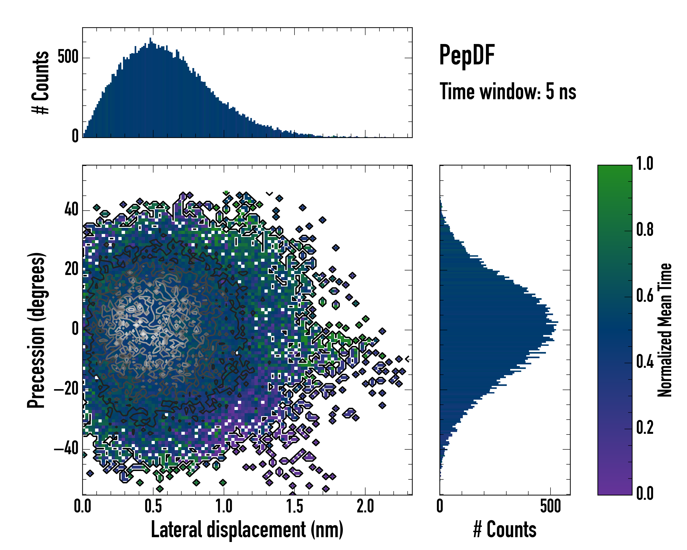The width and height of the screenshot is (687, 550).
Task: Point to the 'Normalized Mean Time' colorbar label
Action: pyautogui.click(x=665, y=330)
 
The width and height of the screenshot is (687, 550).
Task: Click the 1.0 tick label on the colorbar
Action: pyautogui.click(x=645, y=164)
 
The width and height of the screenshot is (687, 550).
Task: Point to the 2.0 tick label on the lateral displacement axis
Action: pyautogui.click(x=365, y=506)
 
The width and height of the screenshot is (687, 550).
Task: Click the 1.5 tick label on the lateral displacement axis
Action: pyautogui.click(x=294, y=506)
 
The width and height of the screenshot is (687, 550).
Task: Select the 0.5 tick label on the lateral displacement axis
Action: pyautogui.click(x=153, y=506)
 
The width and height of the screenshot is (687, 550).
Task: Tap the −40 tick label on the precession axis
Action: pyautogui.click(x=66, y=449)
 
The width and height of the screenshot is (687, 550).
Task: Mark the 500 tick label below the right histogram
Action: pyautogui.click(x=550, y=506)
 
